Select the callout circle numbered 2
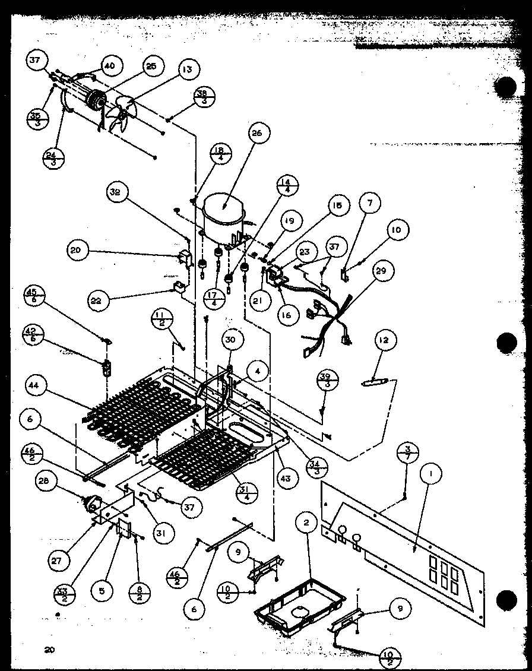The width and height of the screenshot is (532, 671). point(306,523)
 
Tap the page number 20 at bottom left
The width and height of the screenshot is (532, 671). point(49,650)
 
